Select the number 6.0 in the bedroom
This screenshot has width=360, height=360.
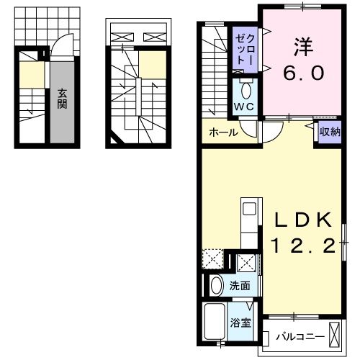click(303, 74)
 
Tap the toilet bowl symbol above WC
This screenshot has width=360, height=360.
click(246, 90)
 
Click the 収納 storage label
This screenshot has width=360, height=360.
click(330, 131)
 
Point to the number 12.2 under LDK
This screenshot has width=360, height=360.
click(303, 246)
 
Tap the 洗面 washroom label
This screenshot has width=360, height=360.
click(240, 285)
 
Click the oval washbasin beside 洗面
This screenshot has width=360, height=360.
click(216, 285)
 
